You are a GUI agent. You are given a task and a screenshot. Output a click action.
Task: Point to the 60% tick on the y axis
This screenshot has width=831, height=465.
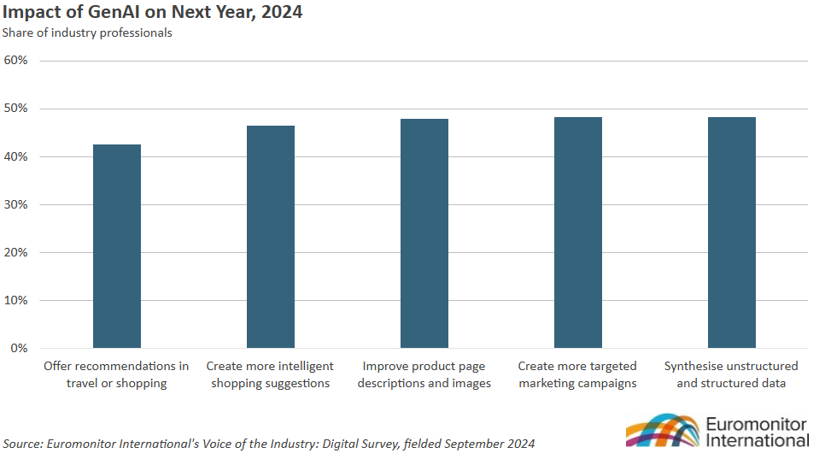pyautogui.click(x=16, y=61)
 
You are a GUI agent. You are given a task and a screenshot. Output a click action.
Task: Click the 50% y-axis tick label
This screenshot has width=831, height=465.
pyautogui.click(x=16, y=109)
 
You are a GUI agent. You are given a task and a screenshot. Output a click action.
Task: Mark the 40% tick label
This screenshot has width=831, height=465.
pyautogui.click(x=16, y=156)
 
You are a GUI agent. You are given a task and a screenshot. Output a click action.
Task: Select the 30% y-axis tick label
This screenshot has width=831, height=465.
pyautogui.click(x=16, y=204)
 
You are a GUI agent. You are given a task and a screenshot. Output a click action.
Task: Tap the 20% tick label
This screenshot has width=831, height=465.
pyautogui.click(x=16, y=252)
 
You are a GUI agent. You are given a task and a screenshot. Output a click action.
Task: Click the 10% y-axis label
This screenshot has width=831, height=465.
pyautogui.click(x=16, y=300)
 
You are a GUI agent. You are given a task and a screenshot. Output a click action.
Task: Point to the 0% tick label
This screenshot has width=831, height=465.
pyautogui.click(x=20, y=348)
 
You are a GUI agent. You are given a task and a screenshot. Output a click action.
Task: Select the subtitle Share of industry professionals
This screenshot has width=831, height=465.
pyautogui.click(x=87, y=33)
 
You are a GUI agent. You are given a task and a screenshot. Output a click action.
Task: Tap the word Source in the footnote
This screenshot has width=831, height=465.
pyautogui.click(x=23, y=444)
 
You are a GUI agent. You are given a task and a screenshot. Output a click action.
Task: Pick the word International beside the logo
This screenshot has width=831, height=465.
pyautogui.click(x=758, y=440)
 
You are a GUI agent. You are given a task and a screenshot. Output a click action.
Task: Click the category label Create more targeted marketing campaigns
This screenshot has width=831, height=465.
pyautogui.click(x=577, y=374)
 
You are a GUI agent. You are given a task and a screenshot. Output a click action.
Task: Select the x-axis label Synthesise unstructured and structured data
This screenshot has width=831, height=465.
pyautogui.click(x=731, y=374)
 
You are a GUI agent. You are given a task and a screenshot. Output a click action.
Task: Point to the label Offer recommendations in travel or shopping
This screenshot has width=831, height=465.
pyautogui.click(x=116, y=374)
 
